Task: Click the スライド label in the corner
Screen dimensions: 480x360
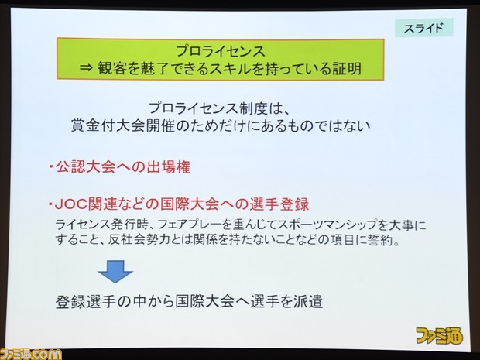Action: coord(423,28)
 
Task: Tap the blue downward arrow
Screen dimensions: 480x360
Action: coord(115,271)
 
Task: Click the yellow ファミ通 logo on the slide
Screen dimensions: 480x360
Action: coord(439,335)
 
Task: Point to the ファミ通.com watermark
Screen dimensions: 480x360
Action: coord(31,354)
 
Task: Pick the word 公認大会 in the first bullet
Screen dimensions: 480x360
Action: coord(85,167)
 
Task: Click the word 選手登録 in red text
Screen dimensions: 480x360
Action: coord(279,204)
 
